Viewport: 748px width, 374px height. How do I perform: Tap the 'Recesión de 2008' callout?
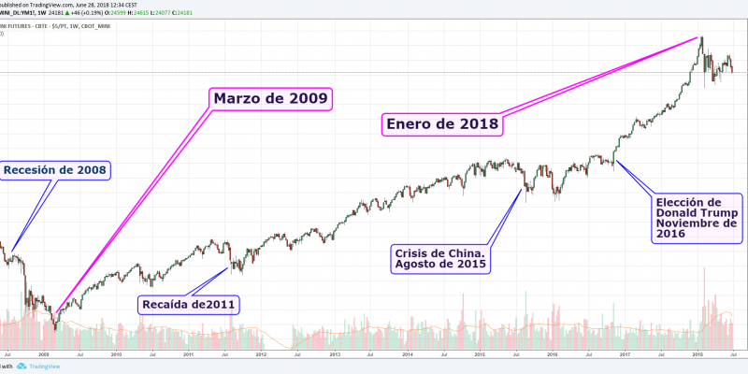click(55, 170)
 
